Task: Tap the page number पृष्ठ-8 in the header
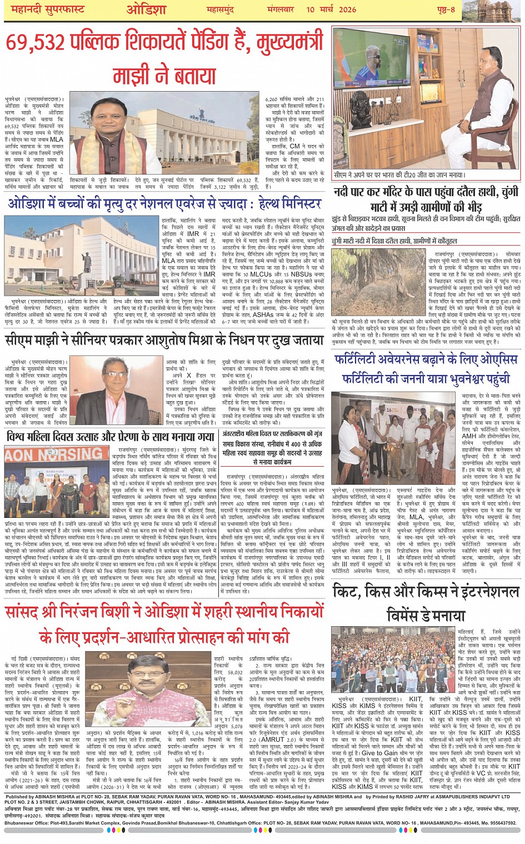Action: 444,9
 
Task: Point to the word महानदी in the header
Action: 26,10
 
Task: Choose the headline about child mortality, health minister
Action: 164,203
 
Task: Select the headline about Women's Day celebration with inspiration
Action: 110,437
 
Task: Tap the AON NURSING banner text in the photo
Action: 56,454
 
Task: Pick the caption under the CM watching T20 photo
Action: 399,175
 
